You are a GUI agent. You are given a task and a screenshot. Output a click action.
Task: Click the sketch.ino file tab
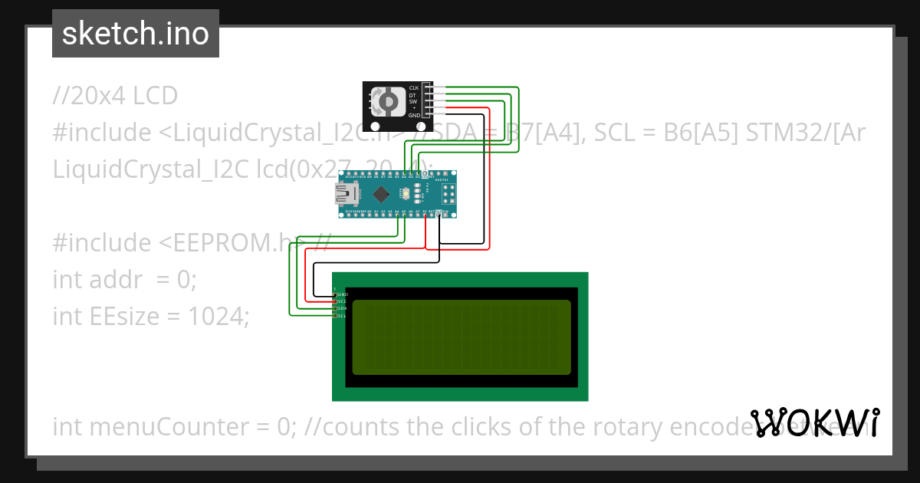pos(136,34)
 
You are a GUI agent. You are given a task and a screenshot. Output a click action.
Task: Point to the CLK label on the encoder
pos(414,88)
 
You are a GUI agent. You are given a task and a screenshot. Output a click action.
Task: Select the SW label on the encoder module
pos(413,101)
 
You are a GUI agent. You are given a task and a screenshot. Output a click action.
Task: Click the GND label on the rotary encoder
pos(414,115)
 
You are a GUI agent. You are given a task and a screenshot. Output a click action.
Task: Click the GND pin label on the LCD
pos(342,294)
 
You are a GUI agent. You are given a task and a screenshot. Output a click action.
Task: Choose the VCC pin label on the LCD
pos(342,301)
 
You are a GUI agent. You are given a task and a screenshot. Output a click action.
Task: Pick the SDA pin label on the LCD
pos(342,308)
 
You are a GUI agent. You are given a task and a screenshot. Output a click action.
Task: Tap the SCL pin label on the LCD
pos(342,315)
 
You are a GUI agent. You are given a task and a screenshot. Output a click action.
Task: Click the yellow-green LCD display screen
pos(460,337)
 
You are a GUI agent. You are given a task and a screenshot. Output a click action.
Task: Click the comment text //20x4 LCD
pos(115,96)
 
